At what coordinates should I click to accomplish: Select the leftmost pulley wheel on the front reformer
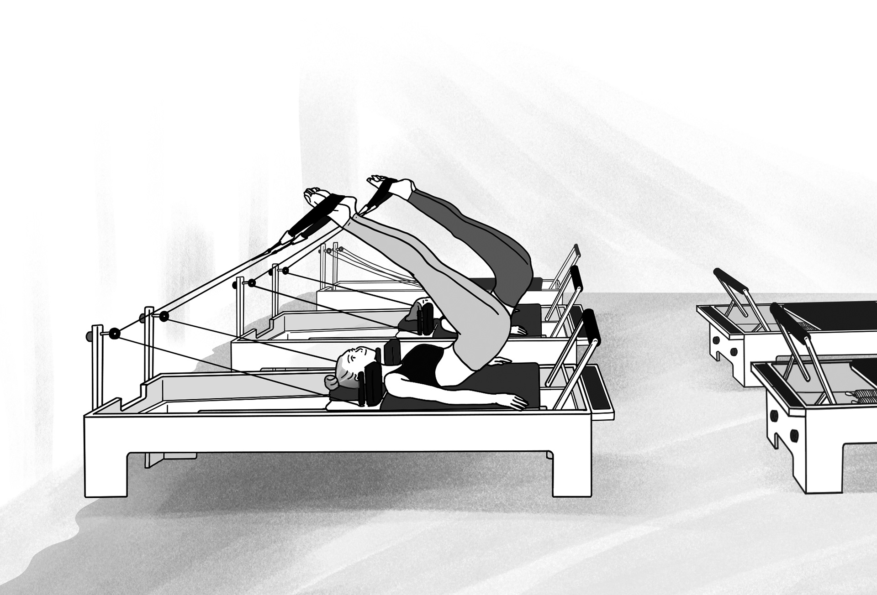coord(114,333)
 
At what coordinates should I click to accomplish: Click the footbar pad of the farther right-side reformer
coord(729,277)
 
